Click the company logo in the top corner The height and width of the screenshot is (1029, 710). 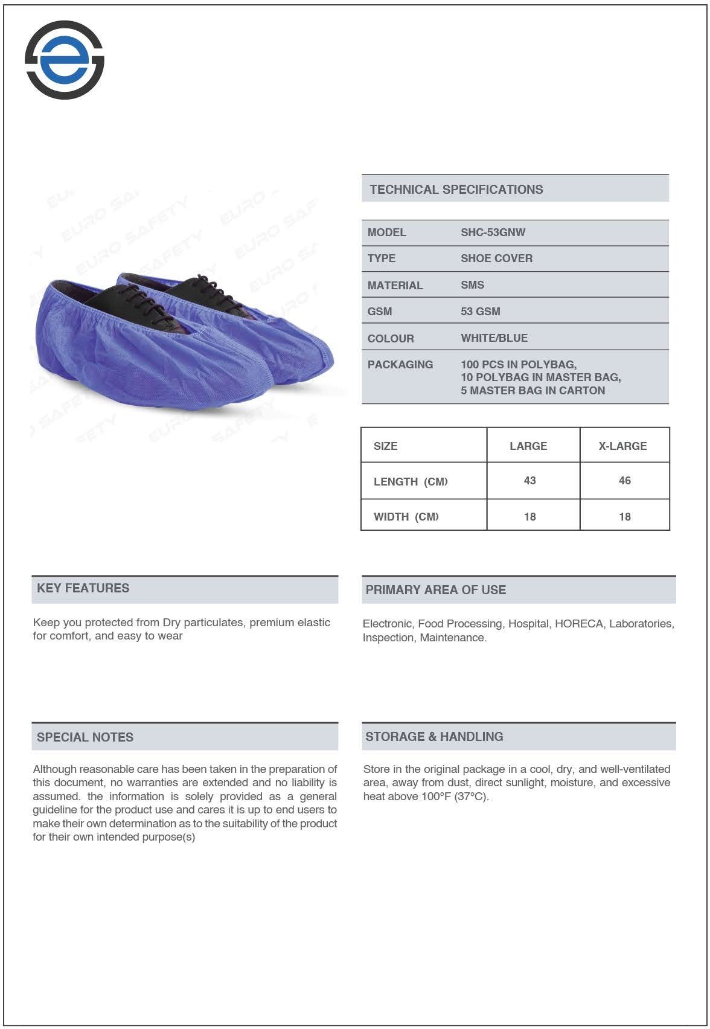coord(65,60)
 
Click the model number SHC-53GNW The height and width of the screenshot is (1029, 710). coord(493,232)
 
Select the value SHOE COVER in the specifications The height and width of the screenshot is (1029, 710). coord(496,258)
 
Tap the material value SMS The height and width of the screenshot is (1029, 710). coord(472,285)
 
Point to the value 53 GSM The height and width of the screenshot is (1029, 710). coord(480,312)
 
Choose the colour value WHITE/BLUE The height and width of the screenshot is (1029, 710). coord(494,338)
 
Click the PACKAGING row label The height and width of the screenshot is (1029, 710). coord(400,365)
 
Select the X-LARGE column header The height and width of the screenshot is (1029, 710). coord(622,446)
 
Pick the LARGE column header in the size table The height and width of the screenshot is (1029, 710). coord(528,446)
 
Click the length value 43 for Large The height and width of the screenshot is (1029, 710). coord(529,481)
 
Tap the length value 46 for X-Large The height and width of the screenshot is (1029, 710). coord(624,481)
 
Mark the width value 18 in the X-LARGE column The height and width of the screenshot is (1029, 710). coord(624,517)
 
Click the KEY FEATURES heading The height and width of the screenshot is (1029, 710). coord(83,588)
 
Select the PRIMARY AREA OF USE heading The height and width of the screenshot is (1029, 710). coord(435,590)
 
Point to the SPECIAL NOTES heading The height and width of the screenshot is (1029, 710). coord(85,737)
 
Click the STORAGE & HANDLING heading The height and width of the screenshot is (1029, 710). coord(434,737)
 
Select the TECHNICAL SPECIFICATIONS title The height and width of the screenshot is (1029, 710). coord(456,190)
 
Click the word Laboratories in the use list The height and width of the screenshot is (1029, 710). coord(641,624)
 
